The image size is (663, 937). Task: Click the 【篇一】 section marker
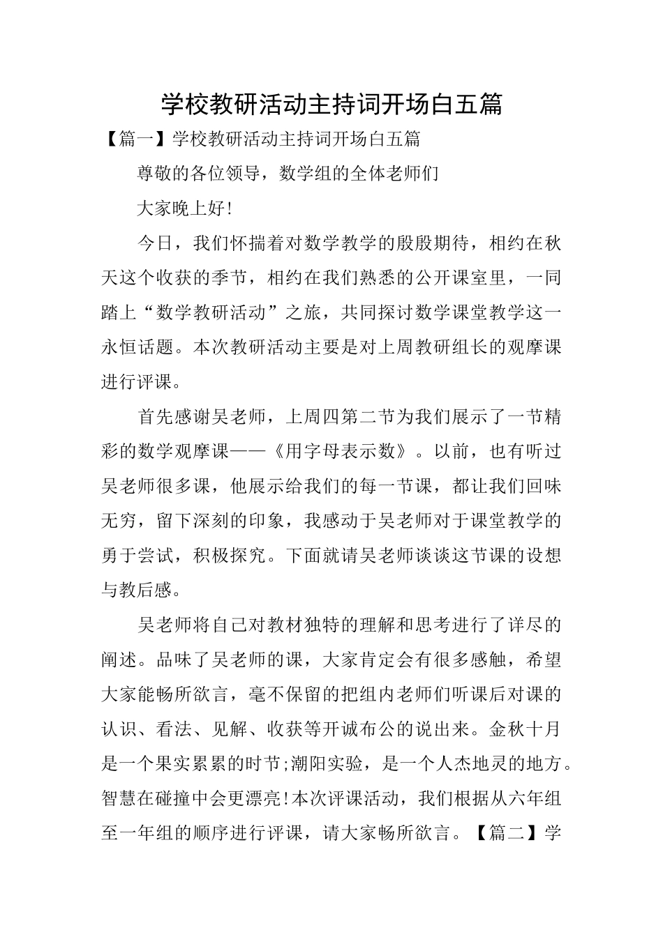pos(133,139)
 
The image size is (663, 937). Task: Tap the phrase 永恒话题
pos(137,347)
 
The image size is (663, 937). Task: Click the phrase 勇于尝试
pos(137,556)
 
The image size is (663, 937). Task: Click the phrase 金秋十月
pos(526,729)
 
